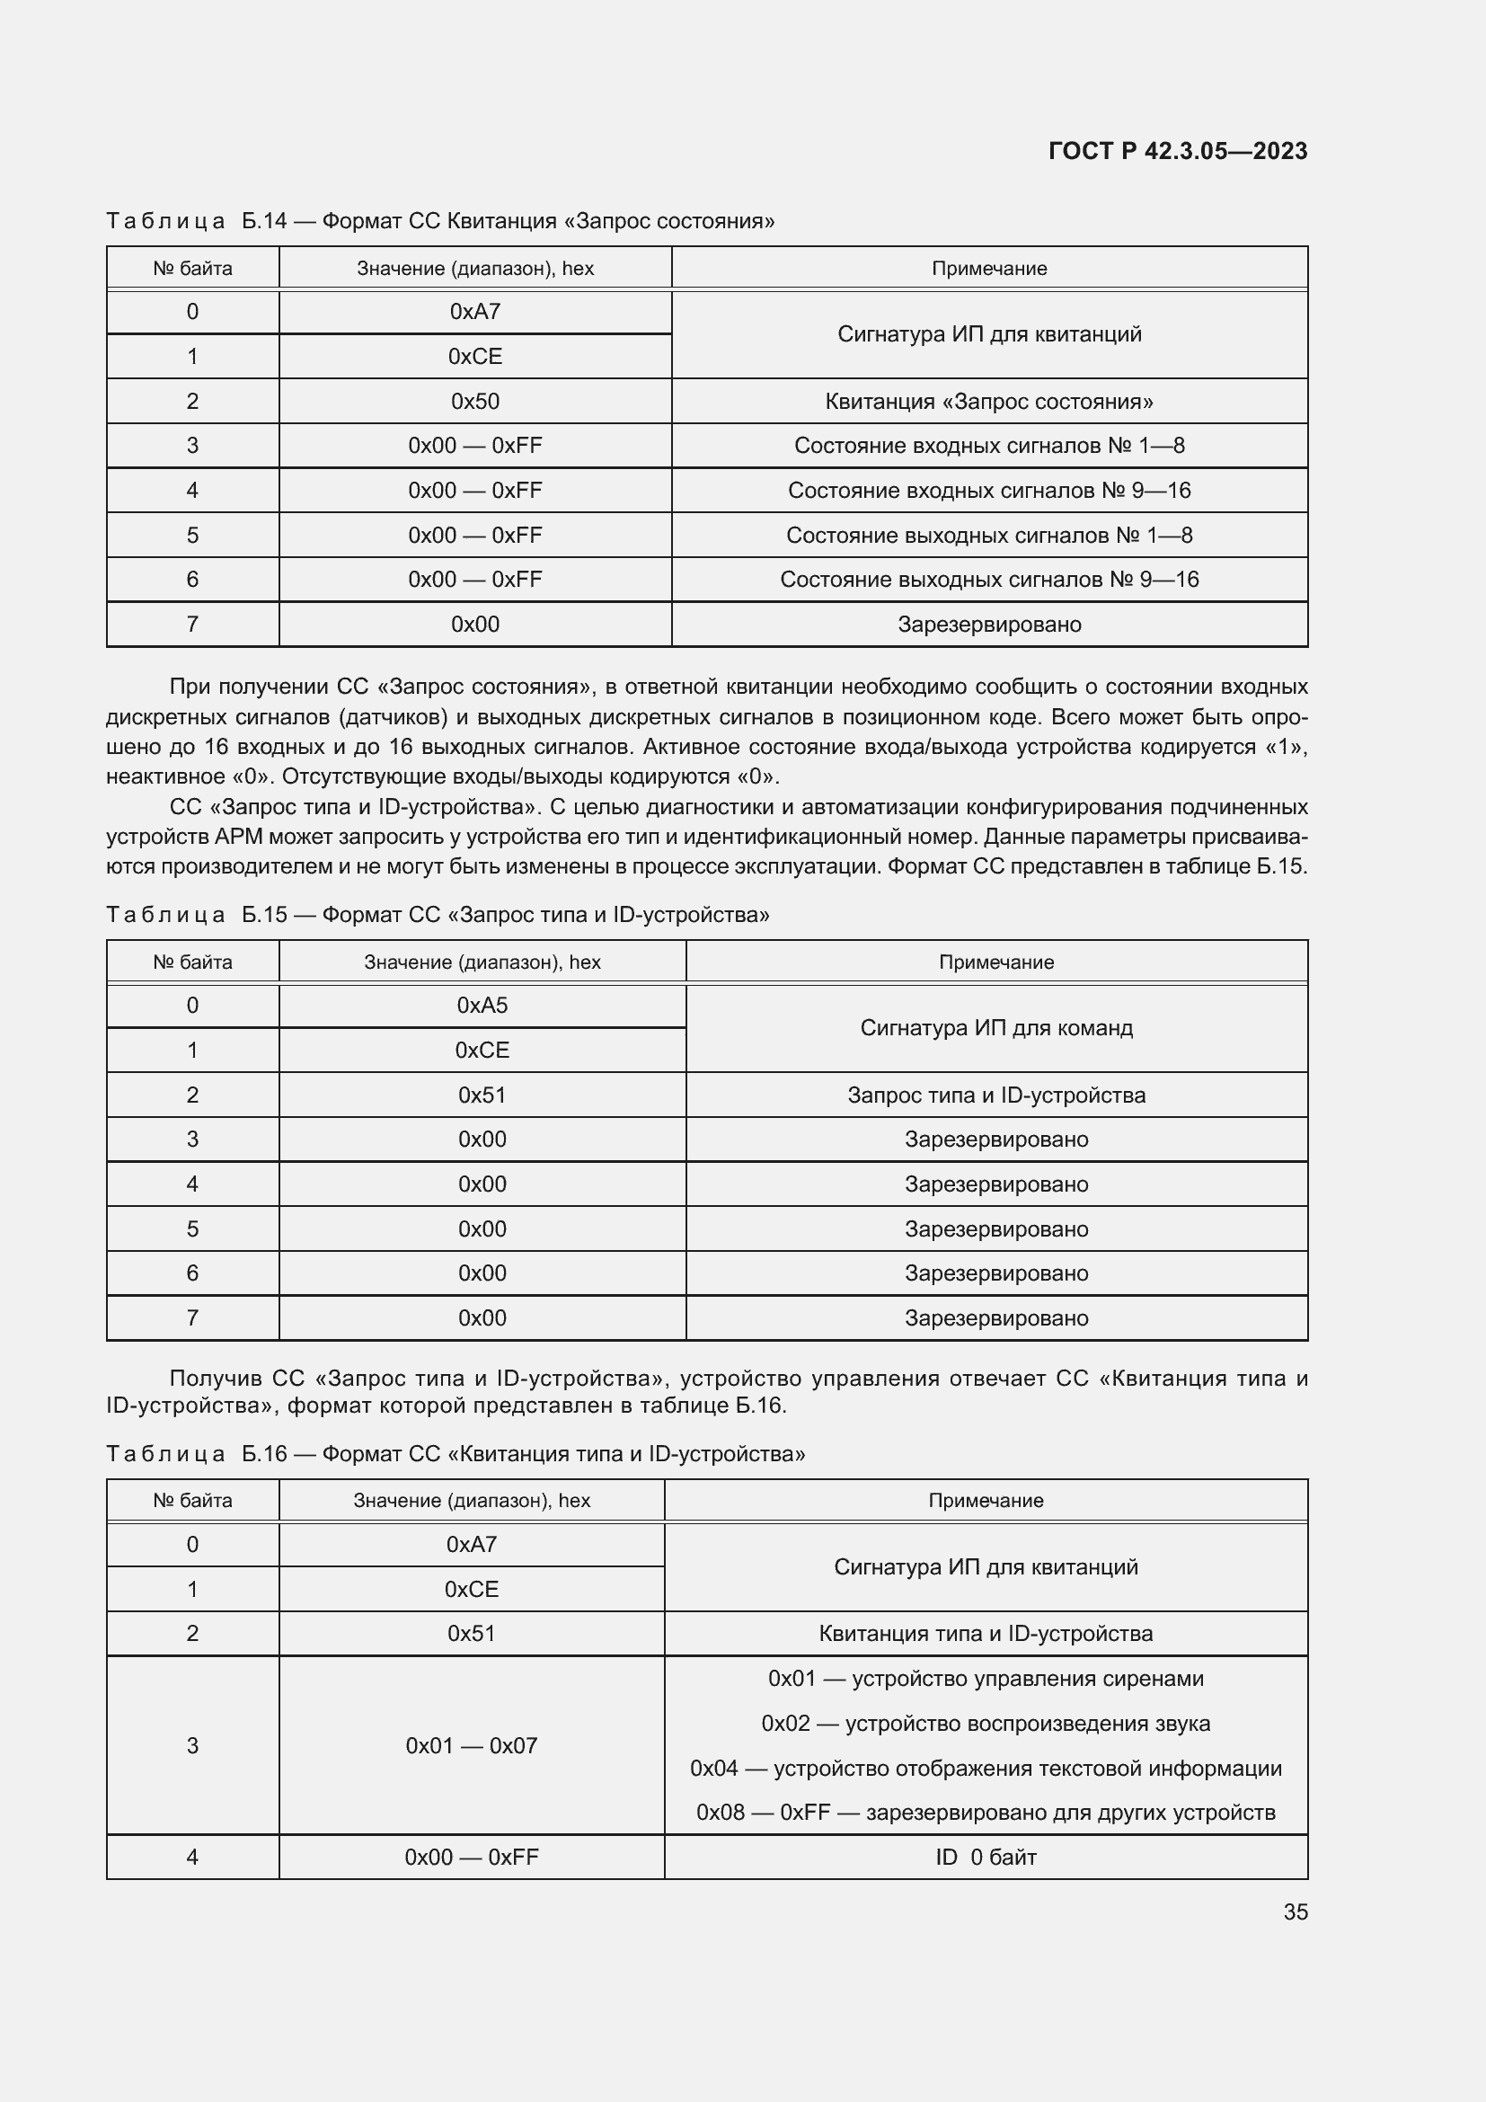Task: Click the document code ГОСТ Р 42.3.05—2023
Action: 1177,151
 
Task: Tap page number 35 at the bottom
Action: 1295,1911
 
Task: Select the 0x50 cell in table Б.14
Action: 475,401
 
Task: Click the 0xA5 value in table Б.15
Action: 482,1006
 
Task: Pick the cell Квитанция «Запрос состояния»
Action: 988,401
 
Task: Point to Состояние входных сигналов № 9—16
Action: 988,491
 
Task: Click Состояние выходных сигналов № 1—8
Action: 988,536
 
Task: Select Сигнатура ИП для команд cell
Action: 995,1028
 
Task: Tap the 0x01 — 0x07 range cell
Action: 472,1745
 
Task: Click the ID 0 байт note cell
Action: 986,1857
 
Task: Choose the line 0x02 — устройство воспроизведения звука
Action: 986,1723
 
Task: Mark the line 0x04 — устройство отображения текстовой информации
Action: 986,1768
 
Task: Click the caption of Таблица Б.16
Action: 456,1454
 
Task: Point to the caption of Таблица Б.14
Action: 440,221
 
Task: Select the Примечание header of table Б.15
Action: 995,962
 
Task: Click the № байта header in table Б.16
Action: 192,1501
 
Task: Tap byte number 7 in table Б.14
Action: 192,625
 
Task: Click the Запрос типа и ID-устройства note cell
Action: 995,1095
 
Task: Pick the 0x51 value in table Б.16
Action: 472,1633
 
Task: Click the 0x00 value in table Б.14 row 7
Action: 475,625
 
